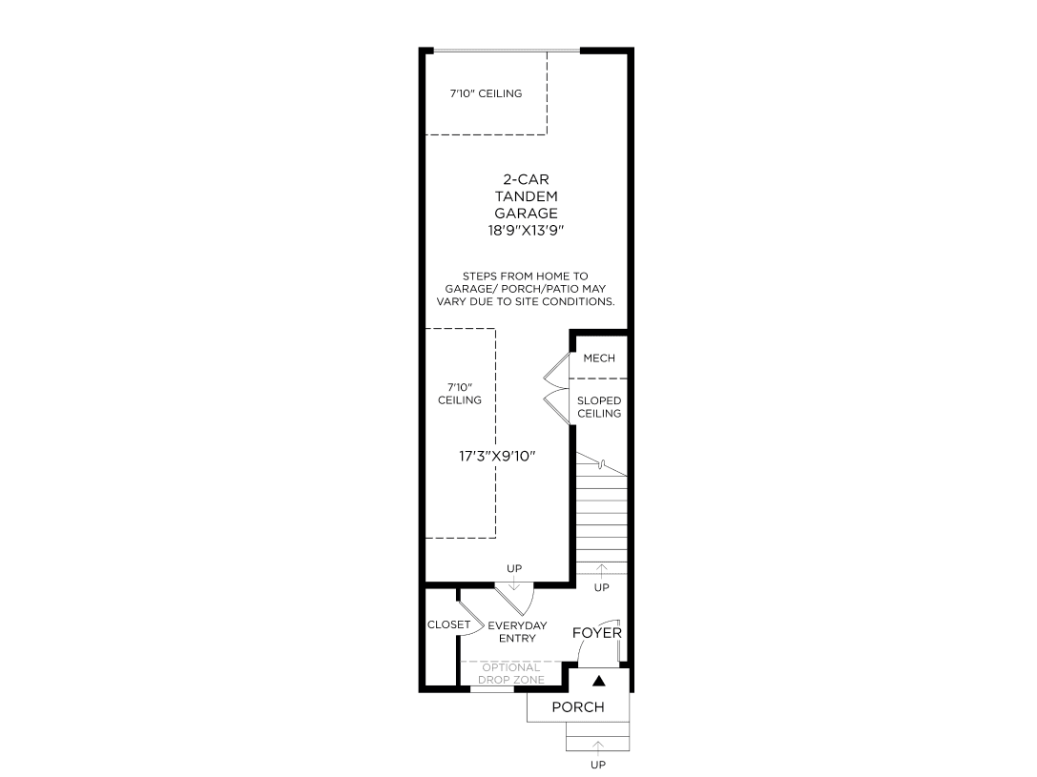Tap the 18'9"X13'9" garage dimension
coord(526,231)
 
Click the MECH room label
coord(599,358)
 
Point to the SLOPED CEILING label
coord(599,407)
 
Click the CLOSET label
coord(448,625)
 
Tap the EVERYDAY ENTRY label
coord(517,632)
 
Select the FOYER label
coord(597,633)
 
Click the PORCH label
coord(578,707)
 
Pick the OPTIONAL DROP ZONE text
coord(511,674)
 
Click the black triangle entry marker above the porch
coord(599,681)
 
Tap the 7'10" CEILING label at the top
coord(487,93)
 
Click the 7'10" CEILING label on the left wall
coord(459,394)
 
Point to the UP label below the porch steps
coord(598,765)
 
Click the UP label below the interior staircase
coord(601,588)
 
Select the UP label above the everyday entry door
coord(514,569)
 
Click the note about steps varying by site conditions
coord(526,288)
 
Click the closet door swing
coord(467,614)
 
